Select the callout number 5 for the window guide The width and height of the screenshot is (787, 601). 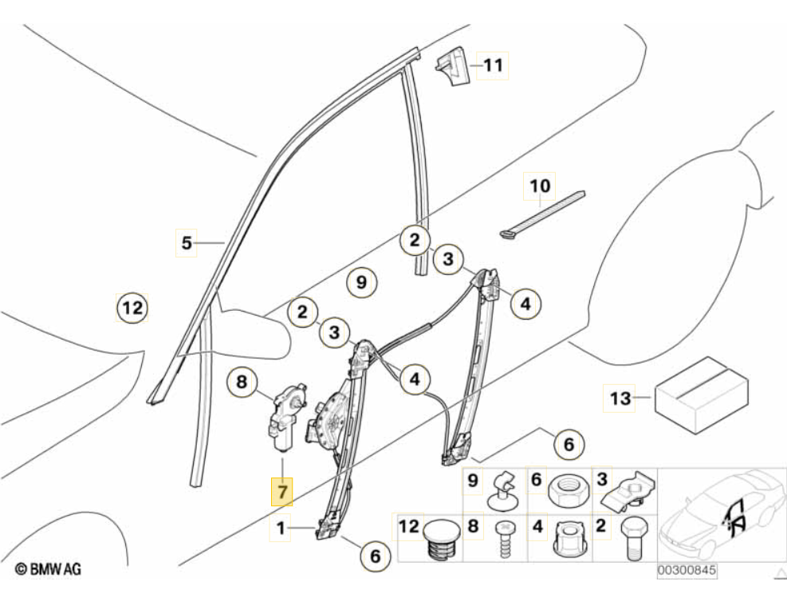pos(187,242)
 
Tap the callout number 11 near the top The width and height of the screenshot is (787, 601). pos(494,65)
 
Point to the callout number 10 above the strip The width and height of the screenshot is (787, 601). pos(540,186)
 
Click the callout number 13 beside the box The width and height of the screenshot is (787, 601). pos(620,397)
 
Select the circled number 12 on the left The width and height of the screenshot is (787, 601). pos(132,307)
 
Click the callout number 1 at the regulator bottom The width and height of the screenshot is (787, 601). pos(281,528)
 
